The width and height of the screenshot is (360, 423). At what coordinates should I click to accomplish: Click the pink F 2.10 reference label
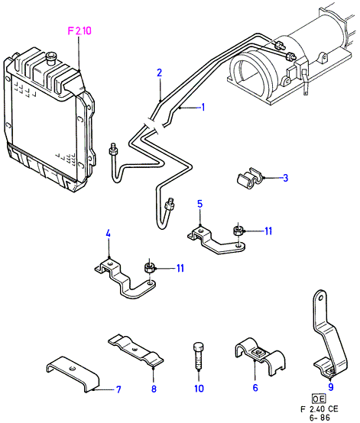pyautogui.click(x=79, y=31)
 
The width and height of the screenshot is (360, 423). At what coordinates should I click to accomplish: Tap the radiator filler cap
pyautogui.click(x=50, y=59)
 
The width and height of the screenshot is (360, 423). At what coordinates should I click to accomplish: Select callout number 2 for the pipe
pyautogui.click(x=159, y=73)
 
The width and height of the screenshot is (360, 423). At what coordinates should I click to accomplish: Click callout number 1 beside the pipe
pyautogui.click(x=203, y=107)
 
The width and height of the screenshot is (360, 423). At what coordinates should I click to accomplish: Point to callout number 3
pyautogui.click(x=285, y=178)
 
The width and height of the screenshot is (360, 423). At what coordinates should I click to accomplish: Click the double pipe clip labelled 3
pyautogui.click(x=250, y=178)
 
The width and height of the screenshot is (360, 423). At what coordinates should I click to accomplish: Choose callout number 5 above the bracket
pyautogui.click(x=199, y=204)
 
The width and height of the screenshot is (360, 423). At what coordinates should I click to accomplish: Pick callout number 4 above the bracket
pyautogui.click(x=108, y=234)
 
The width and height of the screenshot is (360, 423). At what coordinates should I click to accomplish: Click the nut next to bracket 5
pyautogui.click(x=238, y=231)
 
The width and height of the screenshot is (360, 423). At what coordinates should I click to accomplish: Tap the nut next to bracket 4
pyautogui.click(x=149, y=268)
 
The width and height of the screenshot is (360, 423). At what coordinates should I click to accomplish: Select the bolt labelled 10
pyautogui.click(x=199, y=356)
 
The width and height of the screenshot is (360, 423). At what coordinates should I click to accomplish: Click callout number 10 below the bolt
pyautogui.click(x=199, y=389)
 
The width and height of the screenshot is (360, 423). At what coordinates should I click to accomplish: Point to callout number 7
pyautogui.click(x=118, y=389)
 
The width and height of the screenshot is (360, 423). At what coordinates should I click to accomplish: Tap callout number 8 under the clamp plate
pyautogui.click(x=154, y=389)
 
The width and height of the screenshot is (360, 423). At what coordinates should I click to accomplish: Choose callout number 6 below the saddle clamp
pyautogui.click(x=255, y=388)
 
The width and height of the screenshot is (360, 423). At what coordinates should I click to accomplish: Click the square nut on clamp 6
pyautogui.click(x=258, y=354)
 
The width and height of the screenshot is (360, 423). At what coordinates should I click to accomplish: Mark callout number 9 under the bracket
pyautogui.click(x=331, y=387)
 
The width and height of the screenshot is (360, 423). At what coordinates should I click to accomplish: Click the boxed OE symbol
pyautogui.click(x=319, y=399)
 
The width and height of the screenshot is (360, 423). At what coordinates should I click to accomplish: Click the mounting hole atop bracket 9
pyautogui.click(x=320, y=298)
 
